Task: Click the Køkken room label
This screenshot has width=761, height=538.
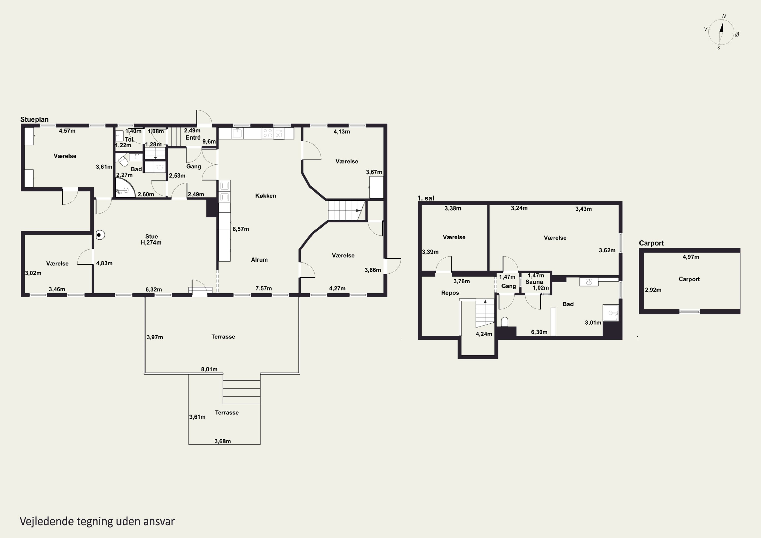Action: (266, 196)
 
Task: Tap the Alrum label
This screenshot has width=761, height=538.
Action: (259, 260)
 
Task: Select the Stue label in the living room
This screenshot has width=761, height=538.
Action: (151, 236)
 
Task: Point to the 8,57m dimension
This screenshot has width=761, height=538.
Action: (241, 229)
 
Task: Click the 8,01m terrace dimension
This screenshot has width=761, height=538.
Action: (209, 369)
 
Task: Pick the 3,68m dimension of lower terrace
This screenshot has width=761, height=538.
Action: (222, 441)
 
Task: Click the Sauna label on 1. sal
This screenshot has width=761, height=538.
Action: (534, 282)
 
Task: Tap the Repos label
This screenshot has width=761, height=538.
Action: (450, 293)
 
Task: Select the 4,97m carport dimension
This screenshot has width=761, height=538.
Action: (691, 257)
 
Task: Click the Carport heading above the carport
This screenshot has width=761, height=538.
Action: (651, 243)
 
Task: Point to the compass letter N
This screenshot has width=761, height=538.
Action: (724, 16)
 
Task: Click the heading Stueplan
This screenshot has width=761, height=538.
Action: (34, 119)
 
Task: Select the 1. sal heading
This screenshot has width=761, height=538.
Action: (426, 198)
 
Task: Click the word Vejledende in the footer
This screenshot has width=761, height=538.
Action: (47, 522)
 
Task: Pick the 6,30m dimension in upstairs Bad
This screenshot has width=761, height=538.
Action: (539, 332)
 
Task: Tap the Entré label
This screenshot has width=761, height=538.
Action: (193, 137)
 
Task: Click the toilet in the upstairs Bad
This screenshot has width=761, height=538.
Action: (505, 322)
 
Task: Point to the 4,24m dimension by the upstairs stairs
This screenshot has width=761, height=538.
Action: (484, 334)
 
